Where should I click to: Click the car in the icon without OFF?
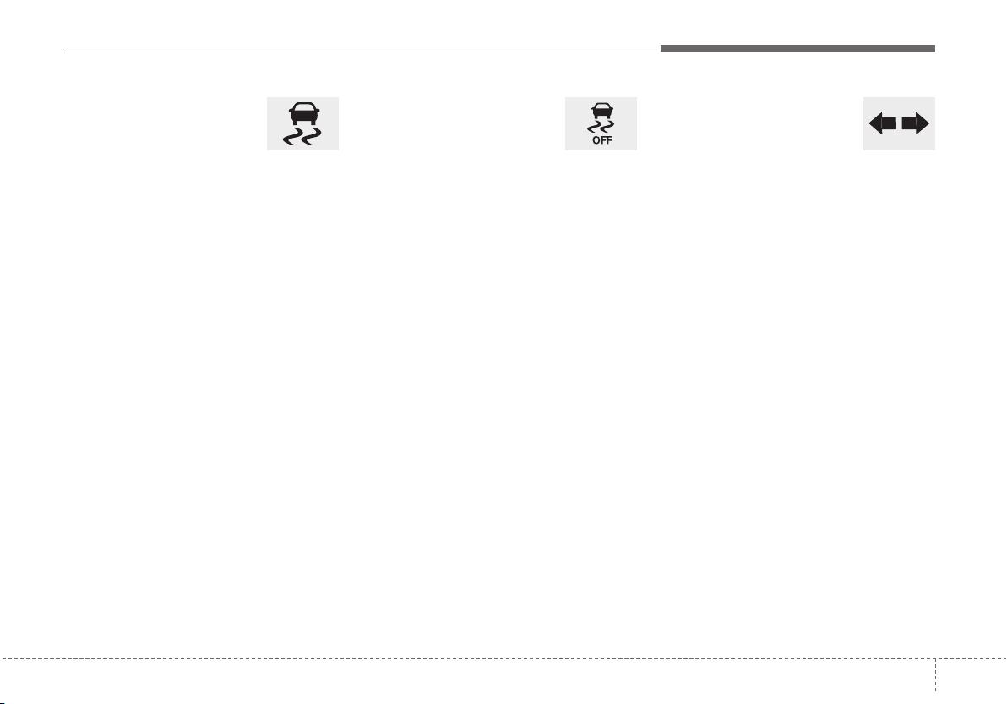coord(303,114)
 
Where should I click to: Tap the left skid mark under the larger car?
coord(293,136)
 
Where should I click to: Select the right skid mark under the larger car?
coord(311,136)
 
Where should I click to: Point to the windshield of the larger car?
coord(303,107)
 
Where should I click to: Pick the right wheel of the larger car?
coord(313,123)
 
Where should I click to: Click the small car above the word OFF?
coord(601,111)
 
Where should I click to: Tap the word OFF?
coord(601,140)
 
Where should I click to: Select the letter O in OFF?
coord(596,140)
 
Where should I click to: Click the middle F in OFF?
coord(603,140)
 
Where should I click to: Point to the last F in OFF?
coord(609,140)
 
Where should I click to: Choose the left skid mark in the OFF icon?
coord(596,127)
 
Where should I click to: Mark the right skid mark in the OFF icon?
coord(607,127)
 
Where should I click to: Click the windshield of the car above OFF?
coord(601,106)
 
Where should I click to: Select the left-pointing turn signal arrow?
coord(883,123)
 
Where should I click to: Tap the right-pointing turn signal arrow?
coord(915,123)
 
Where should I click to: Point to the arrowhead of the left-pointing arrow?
coord(874,123)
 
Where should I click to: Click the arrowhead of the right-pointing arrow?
coord(923,123)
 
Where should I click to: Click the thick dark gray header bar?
coord(797,49)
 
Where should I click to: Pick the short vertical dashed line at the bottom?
coord(936,674)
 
